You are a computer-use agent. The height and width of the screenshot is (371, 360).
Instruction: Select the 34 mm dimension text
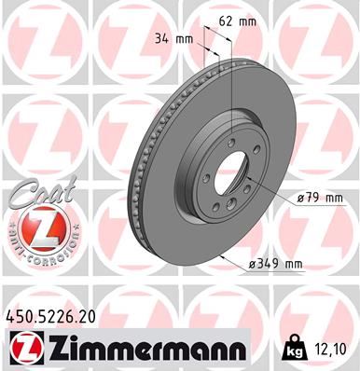181,40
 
